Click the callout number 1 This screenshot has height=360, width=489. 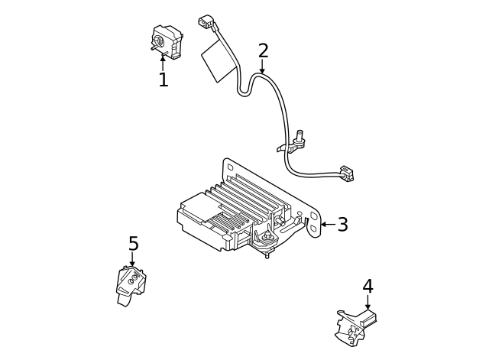click(x=163, y=79)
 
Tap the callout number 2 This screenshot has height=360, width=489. click(x=263, y=51)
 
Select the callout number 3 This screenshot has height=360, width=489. click(x=342, y=225)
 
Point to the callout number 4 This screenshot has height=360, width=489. click(x=368, y=287)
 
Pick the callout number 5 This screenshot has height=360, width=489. click(x=133, y=244)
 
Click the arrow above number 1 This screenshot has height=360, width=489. click(x=163, y=61)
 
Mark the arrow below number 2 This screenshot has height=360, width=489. click(x=263, y=67)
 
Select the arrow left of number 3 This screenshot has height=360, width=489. click(x=326, y=225)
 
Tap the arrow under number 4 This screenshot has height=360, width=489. click(x=368, y=303)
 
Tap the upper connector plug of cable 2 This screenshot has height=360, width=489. click(x=206, y=23)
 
